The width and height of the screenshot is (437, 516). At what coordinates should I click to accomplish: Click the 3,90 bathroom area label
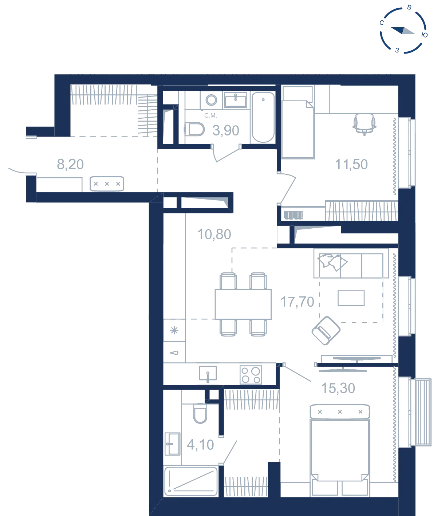click(226, 131)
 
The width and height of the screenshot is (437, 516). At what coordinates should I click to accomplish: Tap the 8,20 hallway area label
click(70, 165)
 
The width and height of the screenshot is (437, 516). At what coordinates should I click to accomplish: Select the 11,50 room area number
click(351, 165)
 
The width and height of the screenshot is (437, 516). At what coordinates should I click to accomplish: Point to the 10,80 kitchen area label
click(214, 235)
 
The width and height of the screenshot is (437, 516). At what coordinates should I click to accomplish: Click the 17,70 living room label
click(297, 302)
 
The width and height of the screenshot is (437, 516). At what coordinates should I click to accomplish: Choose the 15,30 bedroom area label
click(338, 388)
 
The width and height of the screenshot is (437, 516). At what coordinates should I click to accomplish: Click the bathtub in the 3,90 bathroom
click(263, 117)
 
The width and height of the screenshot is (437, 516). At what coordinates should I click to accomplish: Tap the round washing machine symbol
click(211, 100)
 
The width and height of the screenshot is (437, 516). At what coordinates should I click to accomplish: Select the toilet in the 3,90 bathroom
click(195, 129)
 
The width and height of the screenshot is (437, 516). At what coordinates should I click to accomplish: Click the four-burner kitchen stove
click(251, 375)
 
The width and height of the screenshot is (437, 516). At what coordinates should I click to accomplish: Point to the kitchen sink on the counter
click(208, 374)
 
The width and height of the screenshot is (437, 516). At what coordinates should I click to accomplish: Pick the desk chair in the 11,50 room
click(364, 124)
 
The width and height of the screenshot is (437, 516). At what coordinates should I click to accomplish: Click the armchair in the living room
click(326, 331)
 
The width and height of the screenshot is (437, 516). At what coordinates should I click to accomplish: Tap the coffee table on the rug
click(351, 298)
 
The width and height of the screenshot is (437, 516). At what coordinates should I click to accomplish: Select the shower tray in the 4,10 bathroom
click(191, 482)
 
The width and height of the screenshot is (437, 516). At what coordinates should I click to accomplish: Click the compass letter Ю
click(425, 35)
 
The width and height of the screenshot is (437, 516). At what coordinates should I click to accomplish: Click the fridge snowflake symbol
click(174, 330)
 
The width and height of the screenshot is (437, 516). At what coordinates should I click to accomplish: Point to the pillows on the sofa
click(332, 262)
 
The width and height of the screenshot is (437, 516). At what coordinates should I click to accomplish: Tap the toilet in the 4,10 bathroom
click(200, 414)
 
